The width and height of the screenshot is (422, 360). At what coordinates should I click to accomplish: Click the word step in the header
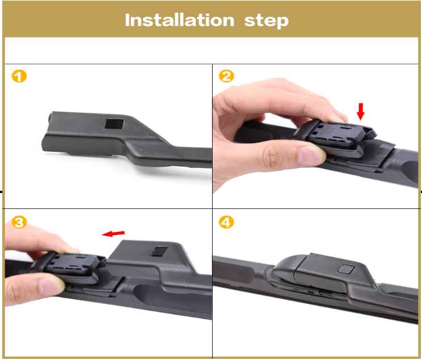tap(267, 21)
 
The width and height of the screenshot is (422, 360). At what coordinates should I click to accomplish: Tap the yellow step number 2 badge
tap(226, 76)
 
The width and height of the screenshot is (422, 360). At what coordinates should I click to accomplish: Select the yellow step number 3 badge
tap(19, 222)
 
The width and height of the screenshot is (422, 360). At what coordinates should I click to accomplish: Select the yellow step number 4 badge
tap(226, 222)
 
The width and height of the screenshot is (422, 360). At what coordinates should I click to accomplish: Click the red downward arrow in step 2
tap(360, 111)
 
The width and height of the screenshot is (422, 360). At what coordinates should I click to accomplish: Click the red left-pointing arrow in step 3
tap(113, 233)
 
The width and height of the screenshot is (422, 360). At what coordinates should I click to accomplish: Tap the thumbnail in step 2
tap(306, 154)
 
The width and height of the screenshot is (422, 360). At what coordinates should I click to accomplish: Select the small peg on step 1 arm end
tap(50, 117)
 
